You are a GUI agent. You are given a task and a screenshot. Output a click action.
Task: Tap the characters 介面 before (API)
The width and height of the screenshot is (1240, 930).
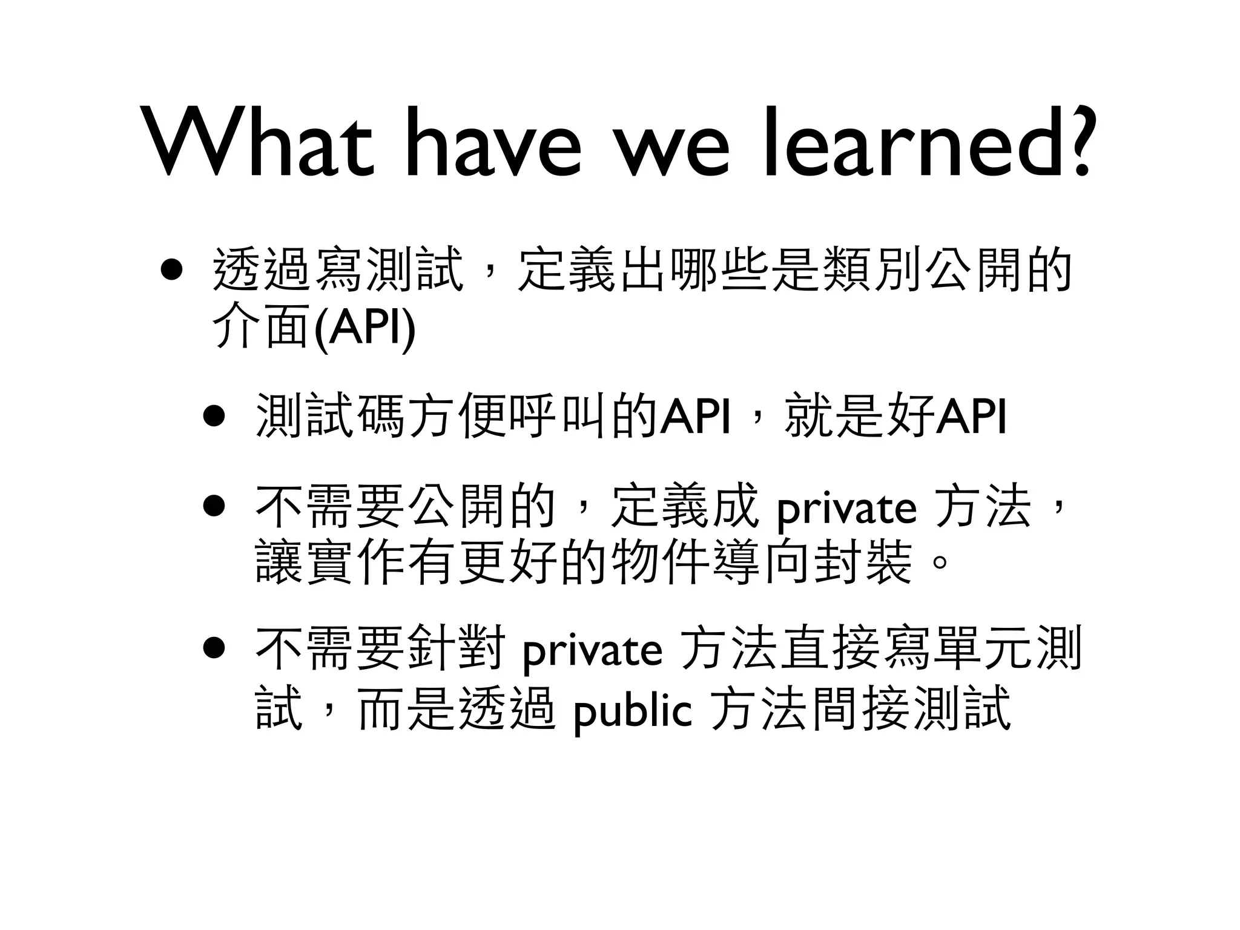[263, 328]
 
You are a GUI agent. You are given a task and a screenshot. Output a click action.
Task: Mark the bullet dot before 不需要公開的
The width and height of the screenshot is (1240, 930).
[214, 506]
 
